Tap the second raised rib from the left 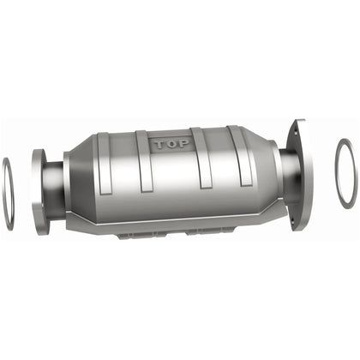[x=141, y=163]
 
